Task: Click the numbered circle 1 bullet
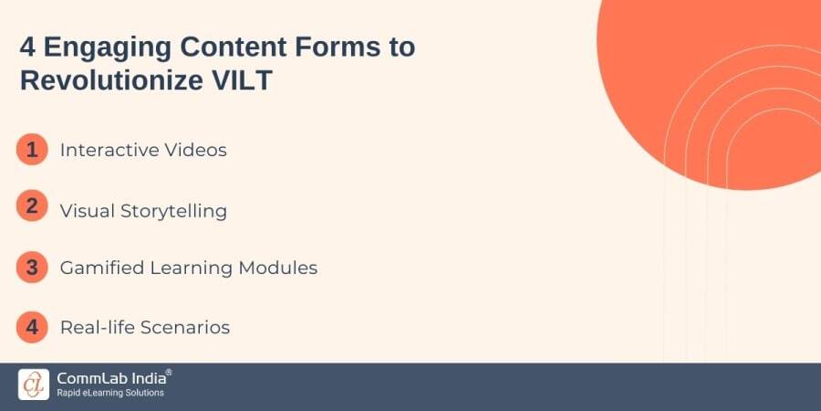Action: click(32, 149)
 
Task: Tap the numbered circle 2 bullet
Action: click(32, 207)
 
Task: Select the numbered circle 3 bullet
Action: click(32, 267)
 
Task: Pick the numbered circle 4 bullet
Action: click(32, 326)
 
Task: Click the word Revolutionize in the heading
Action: click(102, 79)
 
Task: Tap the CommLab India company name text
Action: click(109, 378)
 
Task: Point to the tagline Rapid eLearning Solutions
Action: click(110, 394)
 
